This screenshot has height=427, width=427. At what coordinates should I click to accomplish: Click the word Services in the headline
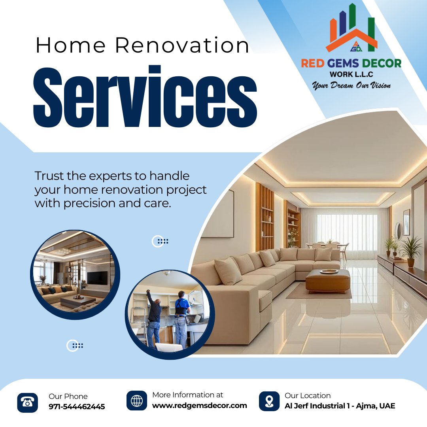tap(145, 97)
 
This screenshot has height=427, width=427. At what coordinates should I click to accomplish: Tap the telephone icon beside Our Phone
tap(28, 402)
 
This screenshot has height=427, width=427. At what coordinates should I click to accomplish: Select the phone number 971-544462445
tap(77, 406)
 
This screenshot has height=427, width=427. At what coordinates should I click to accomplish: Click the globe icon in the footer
tap(136, 401)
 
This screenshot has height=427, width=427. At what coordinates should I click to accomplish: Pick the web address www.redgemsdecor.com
tap(199, 405)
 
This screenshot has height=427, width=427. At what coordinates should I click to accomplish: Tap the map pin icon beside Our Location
tap(269, 401)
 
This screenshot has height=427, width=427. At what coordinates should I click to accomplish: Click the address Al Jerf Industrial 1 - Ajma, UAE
tap(340, 406)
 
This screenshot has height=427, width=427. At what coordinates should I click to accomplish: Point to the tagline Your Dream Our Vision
tap(351, 85)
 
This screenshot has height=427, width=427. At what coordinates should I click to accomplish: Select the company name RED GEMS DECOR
tap(351, 63)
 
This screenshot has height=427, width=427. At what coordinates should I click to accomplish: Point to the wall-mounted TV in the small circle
tap(97, 278)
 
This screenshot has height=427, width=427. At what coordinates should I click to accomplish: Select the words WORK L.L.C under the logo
tap(351, 74)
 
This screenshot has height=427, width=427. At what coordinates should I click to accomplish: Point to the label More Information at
tap(187, 395)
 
